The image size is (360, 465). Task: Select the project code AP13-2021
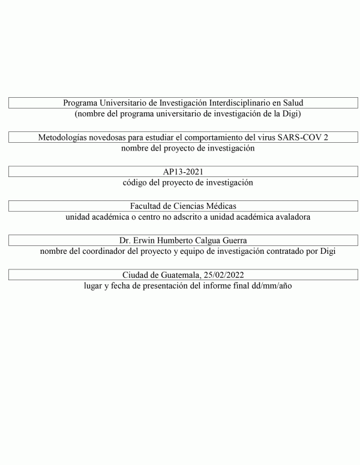point(183,172)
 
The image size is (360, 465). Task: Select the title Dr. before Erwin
point(126,241)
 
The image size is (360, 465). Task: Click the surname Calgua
point(205,241)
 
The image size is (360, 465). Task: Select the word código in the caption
point(134,182)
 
